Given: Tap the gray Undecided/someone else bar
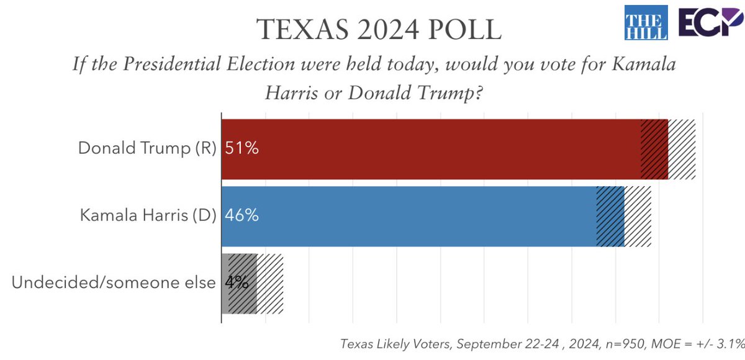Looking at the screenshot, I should click(x=239, y=283).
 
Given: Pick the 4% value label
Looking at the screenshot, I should click(x=237, y=283).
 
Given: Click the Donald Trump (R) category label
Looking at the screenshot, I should click(x=147, y=149).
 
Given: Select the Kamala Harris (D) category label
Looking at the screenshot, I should click(x=148, y=216).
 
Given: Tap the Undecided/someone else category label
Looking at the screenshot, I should click(x=114, y=283).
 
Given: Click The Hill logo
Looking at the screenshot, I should click(x=646, y=22).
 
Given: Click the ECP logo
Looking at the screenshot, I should click(x=710, y=23).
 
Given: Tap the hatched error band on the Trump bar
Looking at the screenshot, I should click(x=668, y=149).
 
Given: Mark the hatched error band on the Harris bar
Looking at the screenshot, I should click(x=623, y=216).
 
